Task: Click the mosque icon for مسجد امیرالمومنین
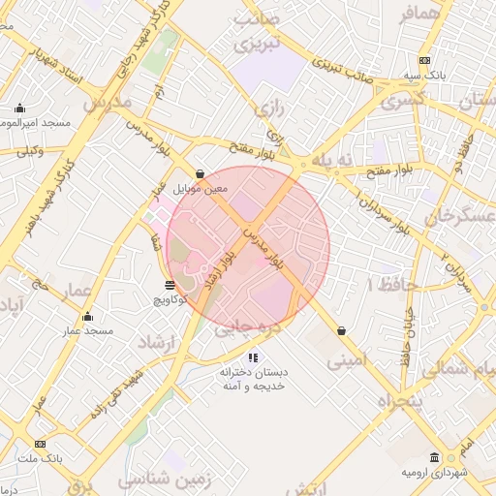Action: [19, 108]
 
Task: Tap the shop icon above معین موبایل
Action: [200, 174]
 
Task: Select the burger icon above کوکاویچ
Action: [170, 285]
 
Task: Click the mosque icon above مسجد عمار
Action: [88, 317]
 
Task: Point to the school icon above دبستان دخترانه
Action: [253, 356]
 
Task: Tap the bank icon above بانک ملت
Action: [40, 443]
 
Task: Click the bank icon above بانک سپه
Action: [423, 60]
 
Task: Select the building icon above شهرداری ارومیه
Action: [435, 457]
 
